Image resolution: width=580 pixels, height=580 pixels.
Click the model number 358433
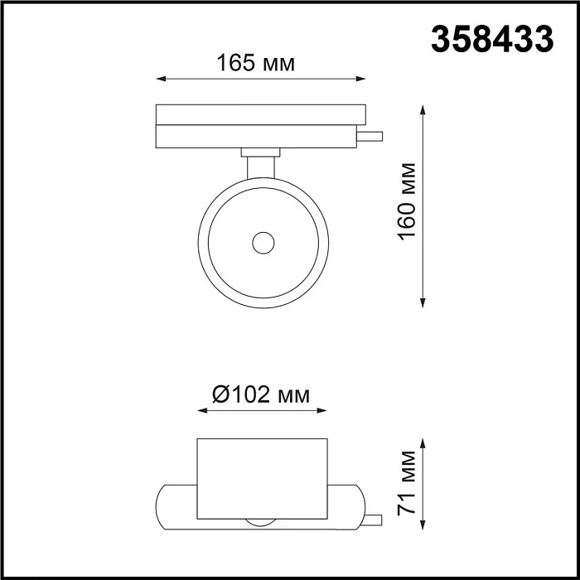coord(492,39)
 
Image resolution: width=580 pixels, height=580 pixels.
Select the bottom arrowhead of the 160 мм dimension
coord(424,303)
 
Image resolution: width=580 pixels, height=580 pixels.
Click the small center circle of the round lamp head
coord(263,243)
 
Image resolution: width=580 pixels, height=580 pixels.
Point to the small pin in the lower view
coord(375,520)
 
